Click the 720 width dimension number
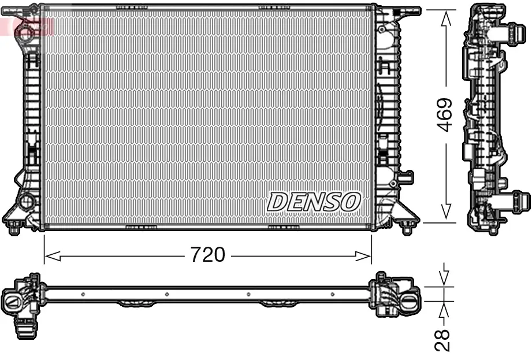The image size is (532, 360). pyautogui.click(x=207, y=255)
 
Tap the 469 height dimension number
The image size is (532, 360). pyautogui.click(x=445, y=115)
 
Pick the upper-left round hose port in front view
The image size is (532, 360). pyautogui.click(x=25, y=32)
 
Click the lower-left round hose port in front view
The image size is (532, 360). pyautogui.click(x=26, y=202)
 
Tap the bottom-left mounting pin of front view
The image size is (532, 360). pyautogui.click(x=14, y=226)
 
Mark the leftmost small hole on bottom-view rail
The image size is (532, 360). pyautogui.click(x=83, y=295)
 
